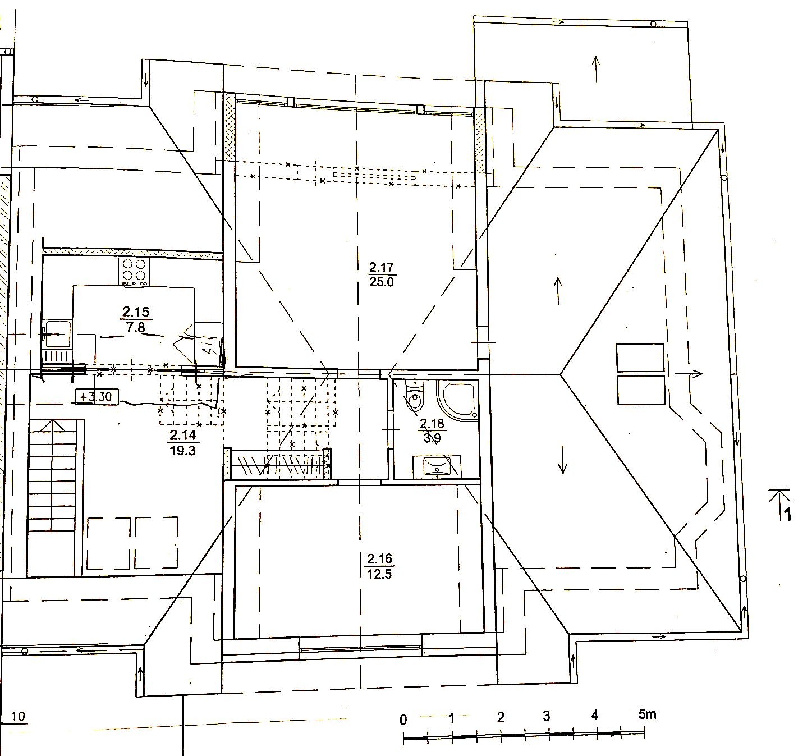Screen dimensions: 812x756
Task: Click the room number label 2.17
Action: [381, 268]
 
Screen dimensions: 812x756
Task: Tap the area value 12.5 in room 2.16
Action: [379, 574]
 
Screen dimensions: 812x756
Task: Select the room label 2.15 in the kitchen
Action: [136, 312]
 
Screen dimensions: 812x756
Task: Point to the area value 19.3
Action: [182, 451]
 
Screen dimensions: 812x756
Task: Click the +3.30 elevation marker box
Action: [97, 397]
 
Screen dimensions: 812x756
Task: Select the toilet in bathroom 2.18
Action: [414, 396]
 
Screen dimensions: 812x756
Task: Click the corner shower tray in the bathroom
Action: [457, 400]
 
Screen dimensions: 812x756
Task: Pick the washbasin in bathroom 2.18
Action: [437, 466]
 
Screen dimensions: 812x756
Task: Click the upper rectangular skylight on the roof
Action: [640, 358]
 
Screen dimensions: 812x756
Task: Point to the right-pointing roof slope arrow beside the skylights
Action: [688, 373]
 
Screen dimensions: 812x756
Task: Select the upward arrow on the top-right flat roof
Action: [596, 69]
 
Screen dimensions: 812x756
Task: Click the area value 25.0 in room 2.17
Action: [381, 282]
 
